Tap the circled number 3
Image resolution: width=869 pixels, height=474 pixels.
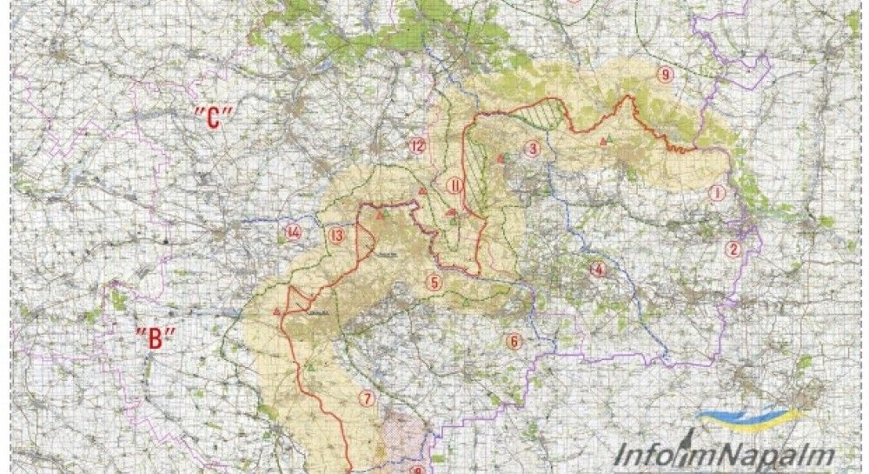(533, 149)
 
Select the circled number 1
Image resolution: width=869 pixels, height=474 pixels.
(716, 193)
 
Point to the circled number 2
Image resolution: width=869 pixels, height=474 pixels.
(733, 250)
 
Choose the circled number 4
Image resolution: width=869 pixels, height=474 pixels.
(596, 269)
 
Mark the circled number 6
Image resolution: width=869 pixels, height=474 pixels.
(514, 341)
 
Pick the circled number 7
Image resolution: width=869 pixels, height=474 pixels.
(368, 399)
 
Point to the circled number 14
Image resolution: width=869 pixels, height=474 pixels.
(293, 232)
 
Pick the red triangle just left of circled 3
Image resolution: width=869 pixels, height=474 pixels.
(501, 158)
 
